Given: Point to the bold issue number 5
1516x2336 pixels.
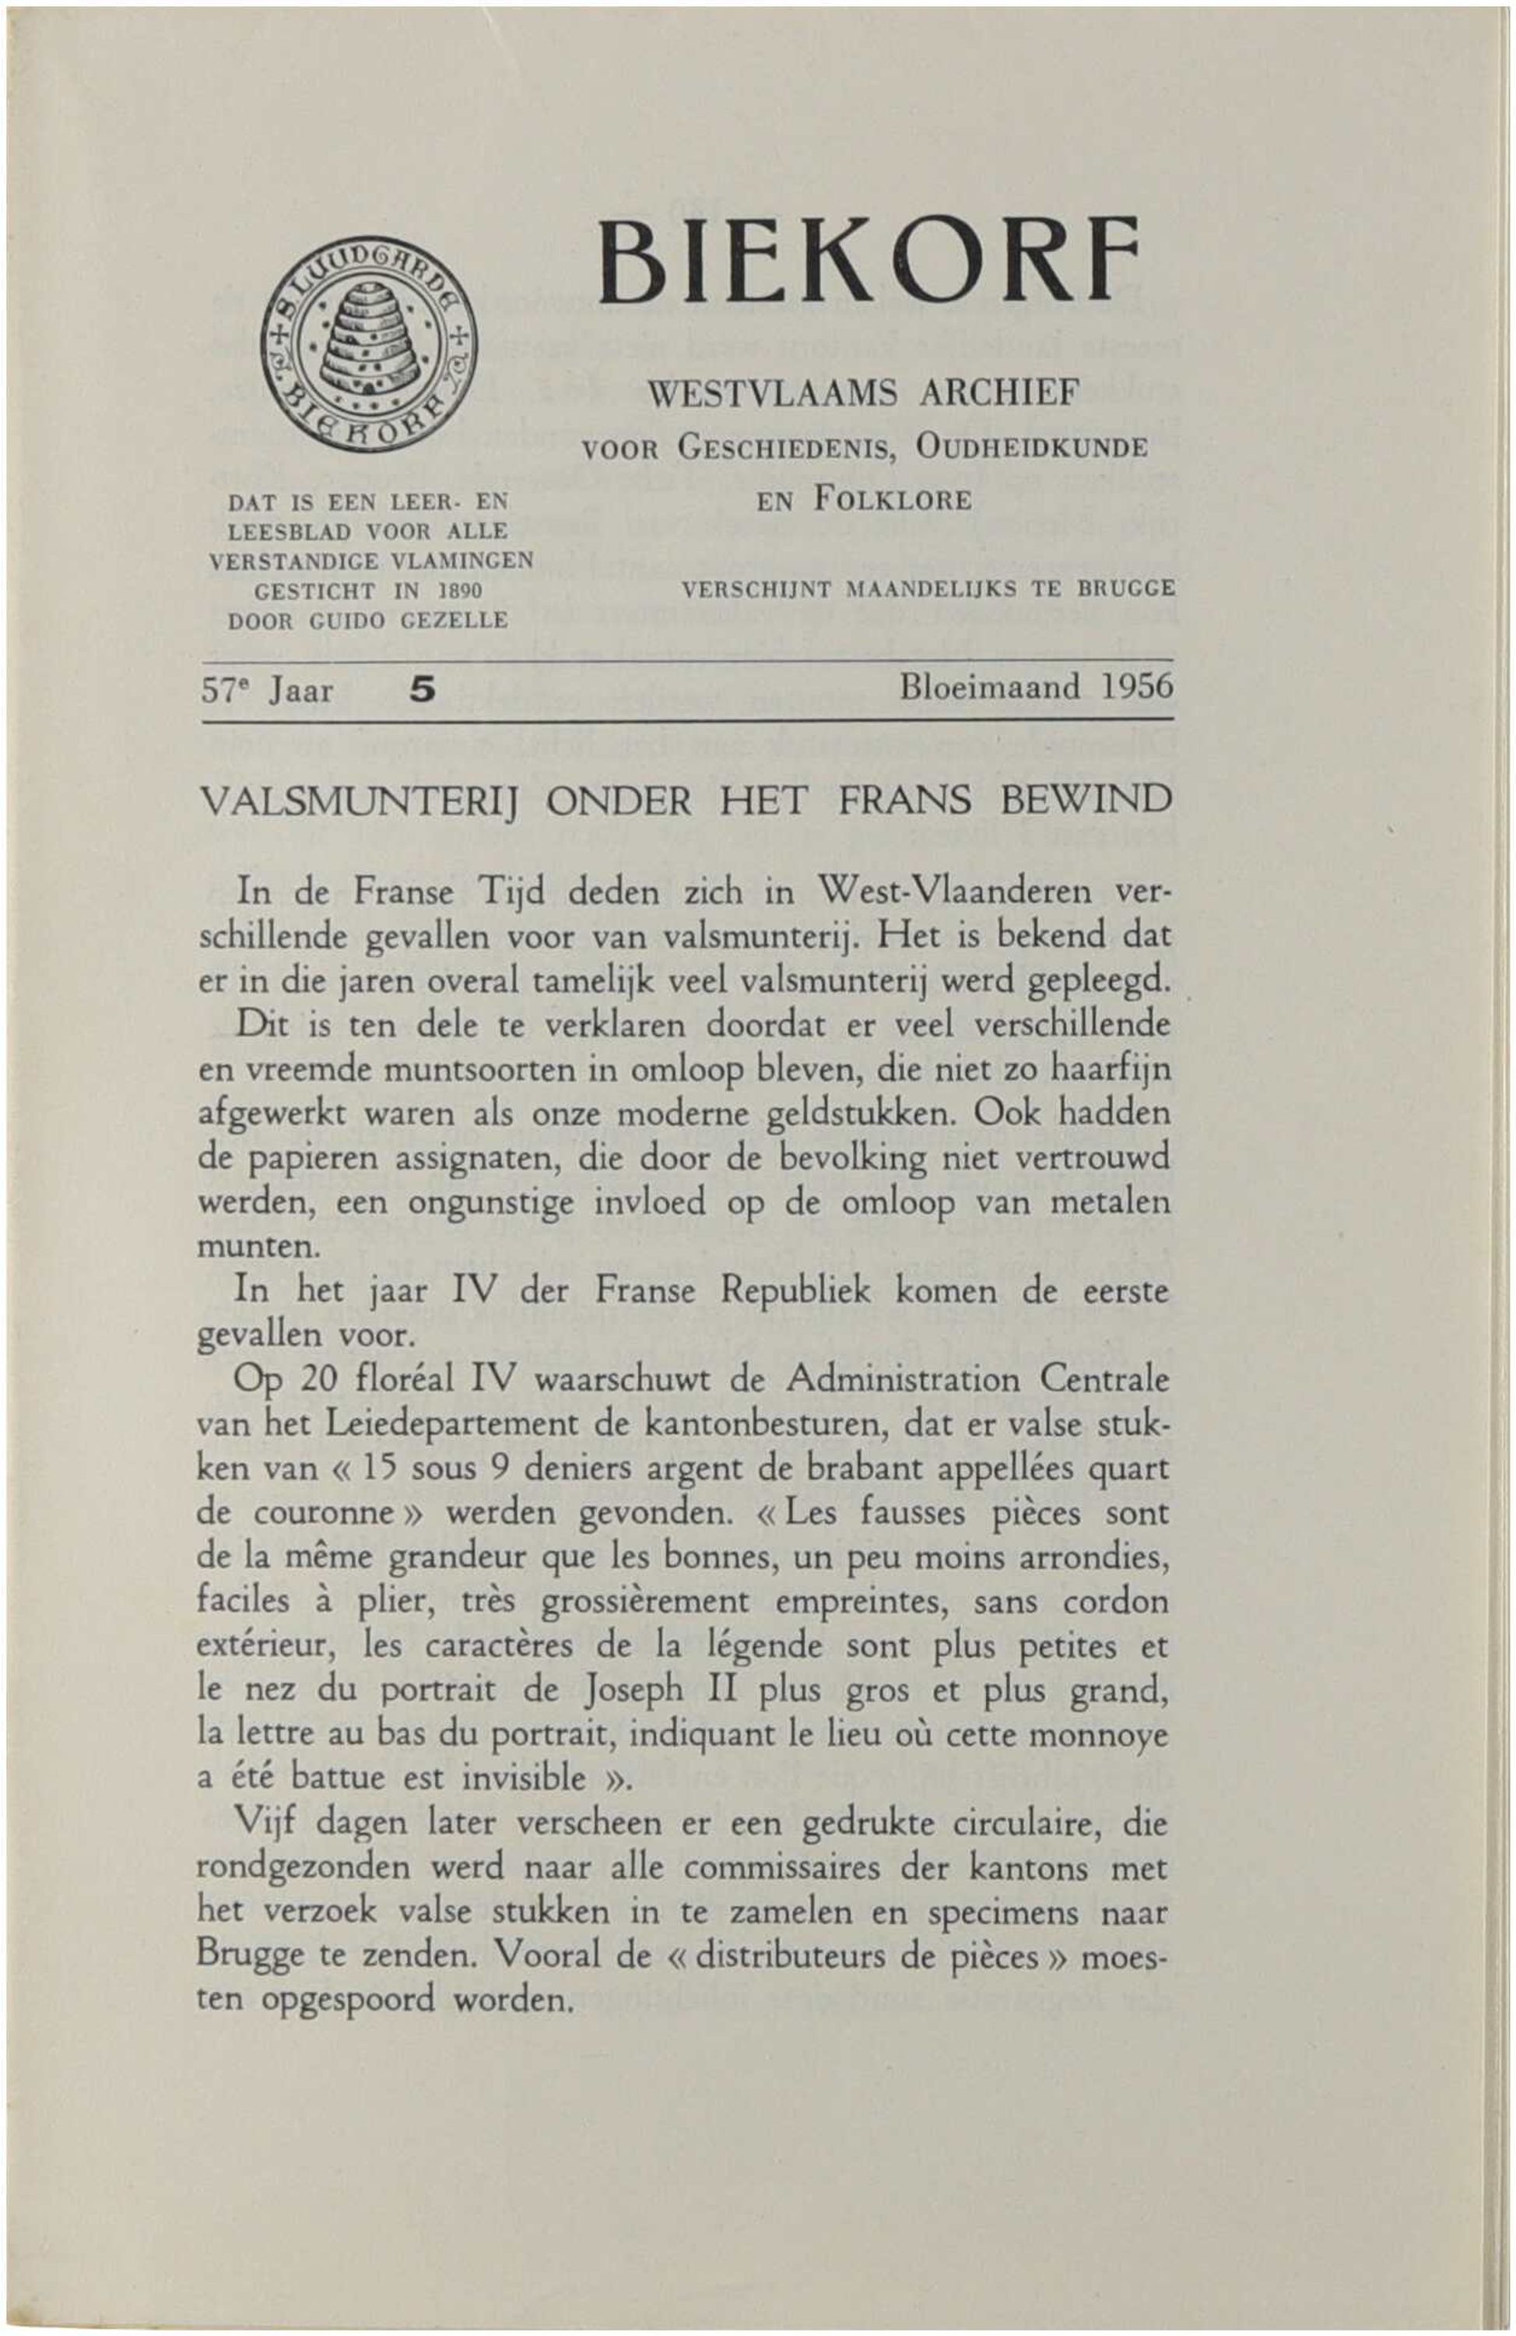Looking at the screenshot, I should point(421,690).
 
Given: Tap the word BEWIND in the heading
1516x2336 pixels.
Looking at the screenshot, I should point(1085,801).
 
